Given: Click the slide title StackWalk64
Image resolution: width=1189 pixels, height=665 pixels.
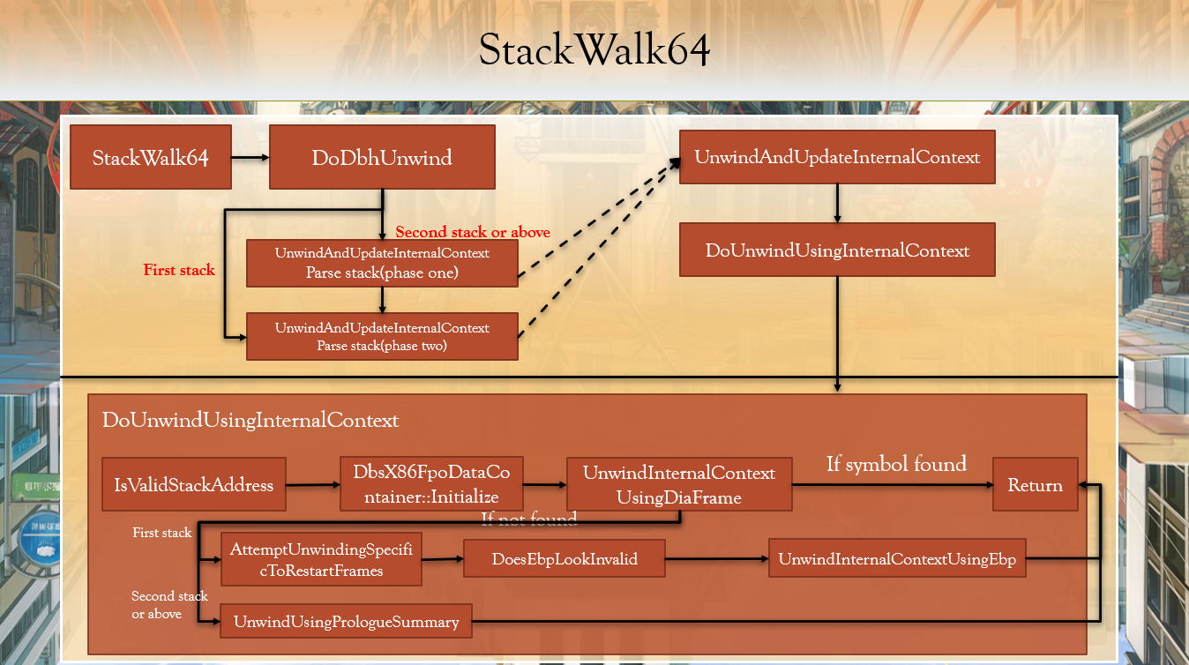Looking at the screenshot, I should pyautogui.click(x=594, y=52).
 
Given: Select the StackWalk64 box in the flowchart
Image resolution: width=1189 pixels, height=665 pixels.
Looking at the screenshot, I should pyautogui.click(x=151, y=158).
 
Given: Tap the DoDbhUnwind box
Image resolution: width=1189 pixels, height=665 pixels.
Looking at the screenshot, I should pyautogui.click(x=382, y=158).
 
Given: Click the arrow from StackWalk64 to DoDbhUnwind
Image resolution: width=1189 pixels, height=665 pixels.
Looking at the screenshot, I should pyautogui.click(x=250, y=158).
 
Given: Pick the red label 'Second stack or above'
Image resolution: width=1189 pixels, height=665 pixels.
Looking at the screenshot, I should pyautogui.click(x=473, y=232).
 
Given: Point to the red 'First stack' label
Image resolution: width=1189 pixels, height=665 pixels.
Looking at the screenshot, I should pyautogui.click(x=179, y=270).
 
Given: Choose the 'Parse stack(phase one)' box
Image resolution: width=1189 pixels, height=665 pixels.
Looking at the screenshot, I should pyautogui.click(x=382, y=263).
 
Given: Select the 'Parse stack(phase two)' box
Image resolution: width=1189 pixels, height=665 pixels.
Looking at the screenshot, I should pyautogui.click(x=382, y=336).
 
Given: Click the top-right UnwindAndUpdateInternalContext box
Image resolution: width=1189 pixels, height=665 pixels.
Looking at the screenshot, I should pyautogui.click(x=837, y=157).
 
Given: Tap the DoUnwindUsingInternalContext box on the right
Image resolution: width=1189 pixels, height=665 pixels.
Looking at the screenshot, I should pyautogui.click(x=837, y=250).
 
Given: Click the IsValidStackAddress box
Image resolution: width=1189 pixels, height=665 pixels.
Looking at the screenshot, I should pyautogui.click(x=194, y=484).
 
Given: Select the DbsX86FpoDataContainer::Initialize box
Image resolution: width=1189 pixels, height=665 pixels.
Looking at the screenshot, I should pyautogui.click(x=431, y=484).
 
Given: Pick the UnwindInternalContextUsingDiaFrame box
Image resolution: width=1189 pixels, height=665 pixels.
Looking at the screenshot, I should pyautogui.click(x=678, y=484).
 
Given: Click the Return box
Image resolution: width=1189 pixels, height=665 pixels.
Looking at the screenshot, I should pyautogui.click(x=1035, y=484).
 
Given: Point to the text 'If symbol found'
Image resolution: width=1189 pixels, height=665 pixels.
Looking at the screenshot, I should pyautogui.click(x=896, y=464).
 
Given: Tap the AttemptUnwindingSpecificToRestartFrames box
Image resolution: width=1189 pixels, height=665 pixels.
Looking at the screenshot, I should pyautogui.click(x=321, y=559).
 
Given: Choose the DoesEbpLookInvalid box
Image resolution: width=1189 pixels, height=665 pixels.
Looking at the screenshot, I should pyautogui.click(x=565, y=559).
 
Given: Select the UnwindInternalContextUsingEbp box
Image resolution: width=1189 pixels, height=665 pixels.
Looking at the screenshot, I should pyautogui.click(x=897, y=559).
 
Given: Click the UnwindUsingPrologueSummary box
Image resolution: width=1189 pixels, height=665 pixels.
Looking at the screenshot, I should pyautogui.click(x=346, y=622).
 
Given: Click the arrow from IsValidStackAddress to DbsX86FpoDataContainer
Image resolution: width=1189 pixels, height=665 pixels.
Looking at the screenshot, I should pyautogui.click(x=313, y=484).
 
